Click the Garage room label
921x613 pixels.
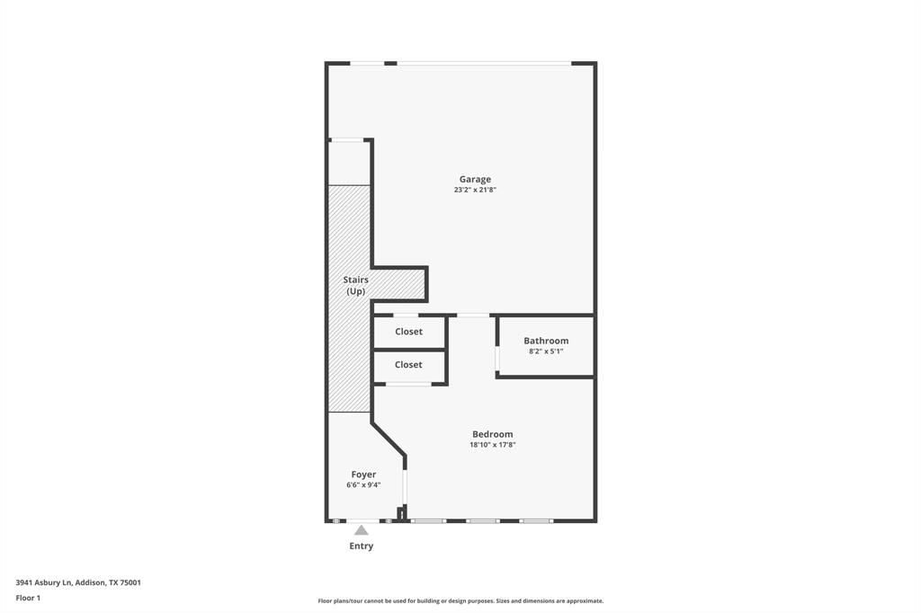tap(475, 179)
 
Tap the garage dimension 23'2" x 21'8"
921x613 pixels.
tap(475, 190)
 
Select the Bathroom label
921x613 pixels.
tap(546, 341)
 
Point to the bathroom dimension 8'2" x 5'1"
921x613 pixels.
tap(546, 351)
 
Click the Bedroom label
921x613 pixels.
tap(492, 434)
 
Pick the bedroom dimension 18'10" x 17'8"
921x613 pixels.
tap(492, 445)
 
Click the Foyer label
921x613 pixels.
tap(363, 475)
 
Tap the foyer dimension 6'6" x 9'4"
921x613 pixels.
tap(363, 485)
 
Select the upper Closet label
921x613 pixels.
tap(408, 332)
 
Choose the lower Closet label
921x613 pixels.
tap(408, 365)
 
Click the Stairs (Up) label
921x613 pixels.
tap(356, 286)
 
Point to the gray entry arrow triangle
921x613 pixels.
tap(361, 530)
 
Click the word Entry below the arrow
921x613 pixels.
tap(361, 546)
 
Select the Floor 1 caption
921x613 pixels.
tap(28, 598)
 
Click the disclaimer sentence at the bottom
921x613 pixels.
tap(460, 601)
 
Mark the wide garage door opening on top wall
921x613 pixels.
tap(484, 63)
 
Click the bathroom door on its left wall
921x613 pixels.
tap(496, 359)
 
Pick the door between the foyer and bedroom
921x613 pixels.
tap(405, 486)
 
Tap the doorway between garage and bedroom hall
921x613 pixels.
tap(473, 315)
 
